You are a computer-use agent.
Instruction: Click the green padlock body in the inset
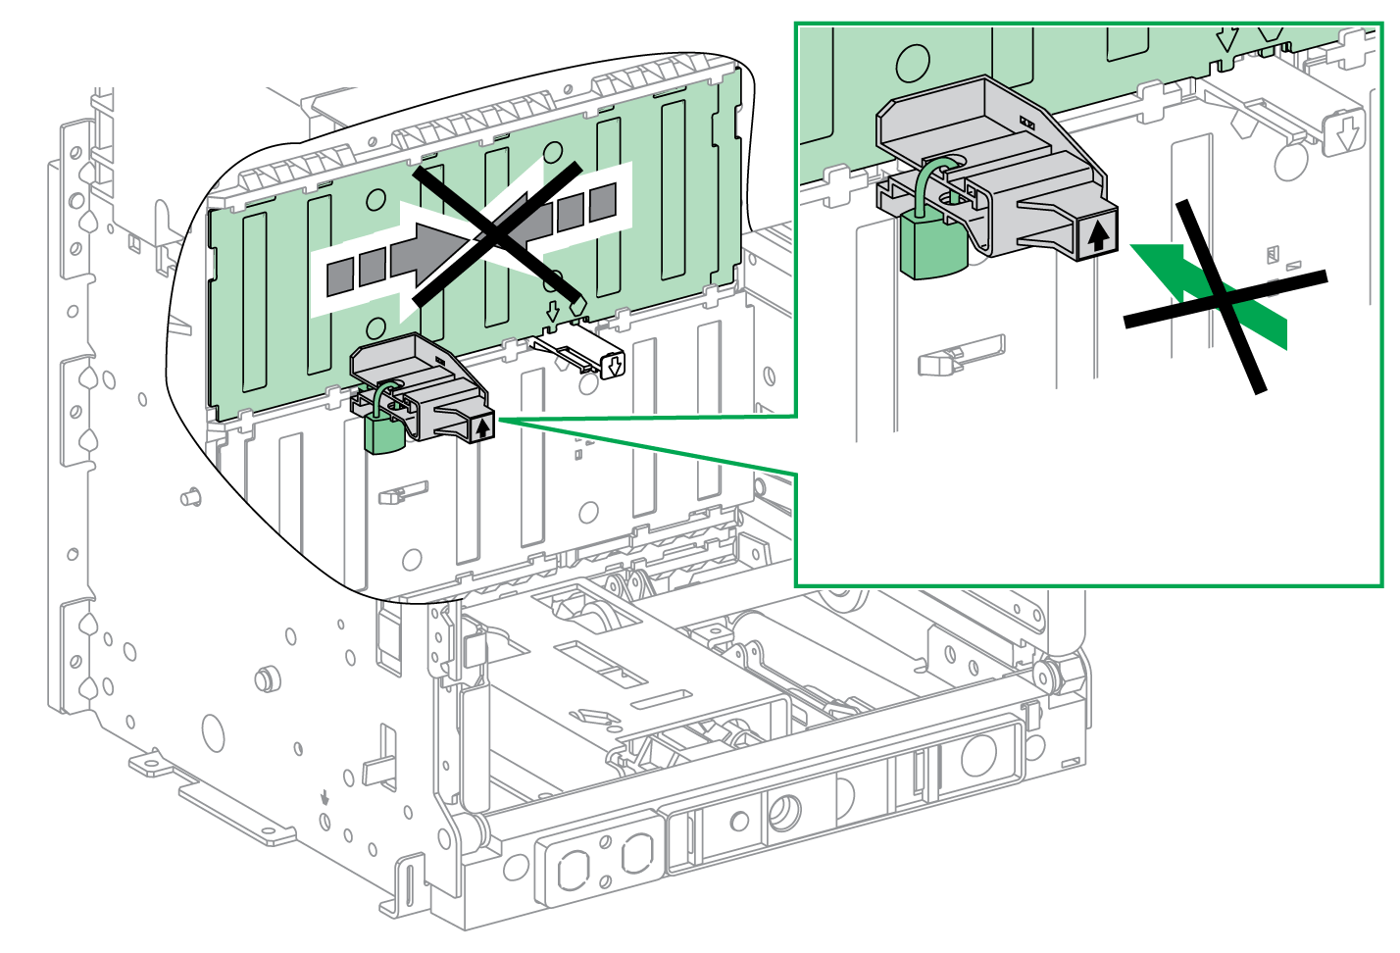click(932, 248)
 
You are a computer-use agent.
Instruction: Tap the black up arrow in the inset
click(1098, 234)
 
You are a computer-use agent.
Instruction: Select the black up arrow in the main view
click(482, 427)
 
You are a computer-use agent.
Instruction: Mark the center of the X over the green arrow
click(1224, 296)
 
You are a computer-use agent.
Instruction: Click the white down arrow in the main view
click(614, 367)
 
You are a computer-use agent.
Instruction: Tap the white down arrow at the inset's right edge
click(1347, 132)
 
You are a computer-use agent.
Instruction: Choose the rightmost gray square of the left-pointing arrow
click(603, 201)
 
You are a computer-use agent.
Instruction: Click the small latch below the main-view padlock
click(402, 492)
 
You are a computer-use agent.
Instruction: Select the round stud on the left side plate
click(263, 678)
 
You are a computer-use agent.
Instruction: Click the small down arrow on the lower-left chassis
click(325, 797)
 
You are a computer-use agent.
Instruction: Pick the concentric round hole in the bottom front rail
click(784, 812)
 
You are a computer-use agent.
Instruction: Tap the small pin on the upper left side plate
click(192, 497)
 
